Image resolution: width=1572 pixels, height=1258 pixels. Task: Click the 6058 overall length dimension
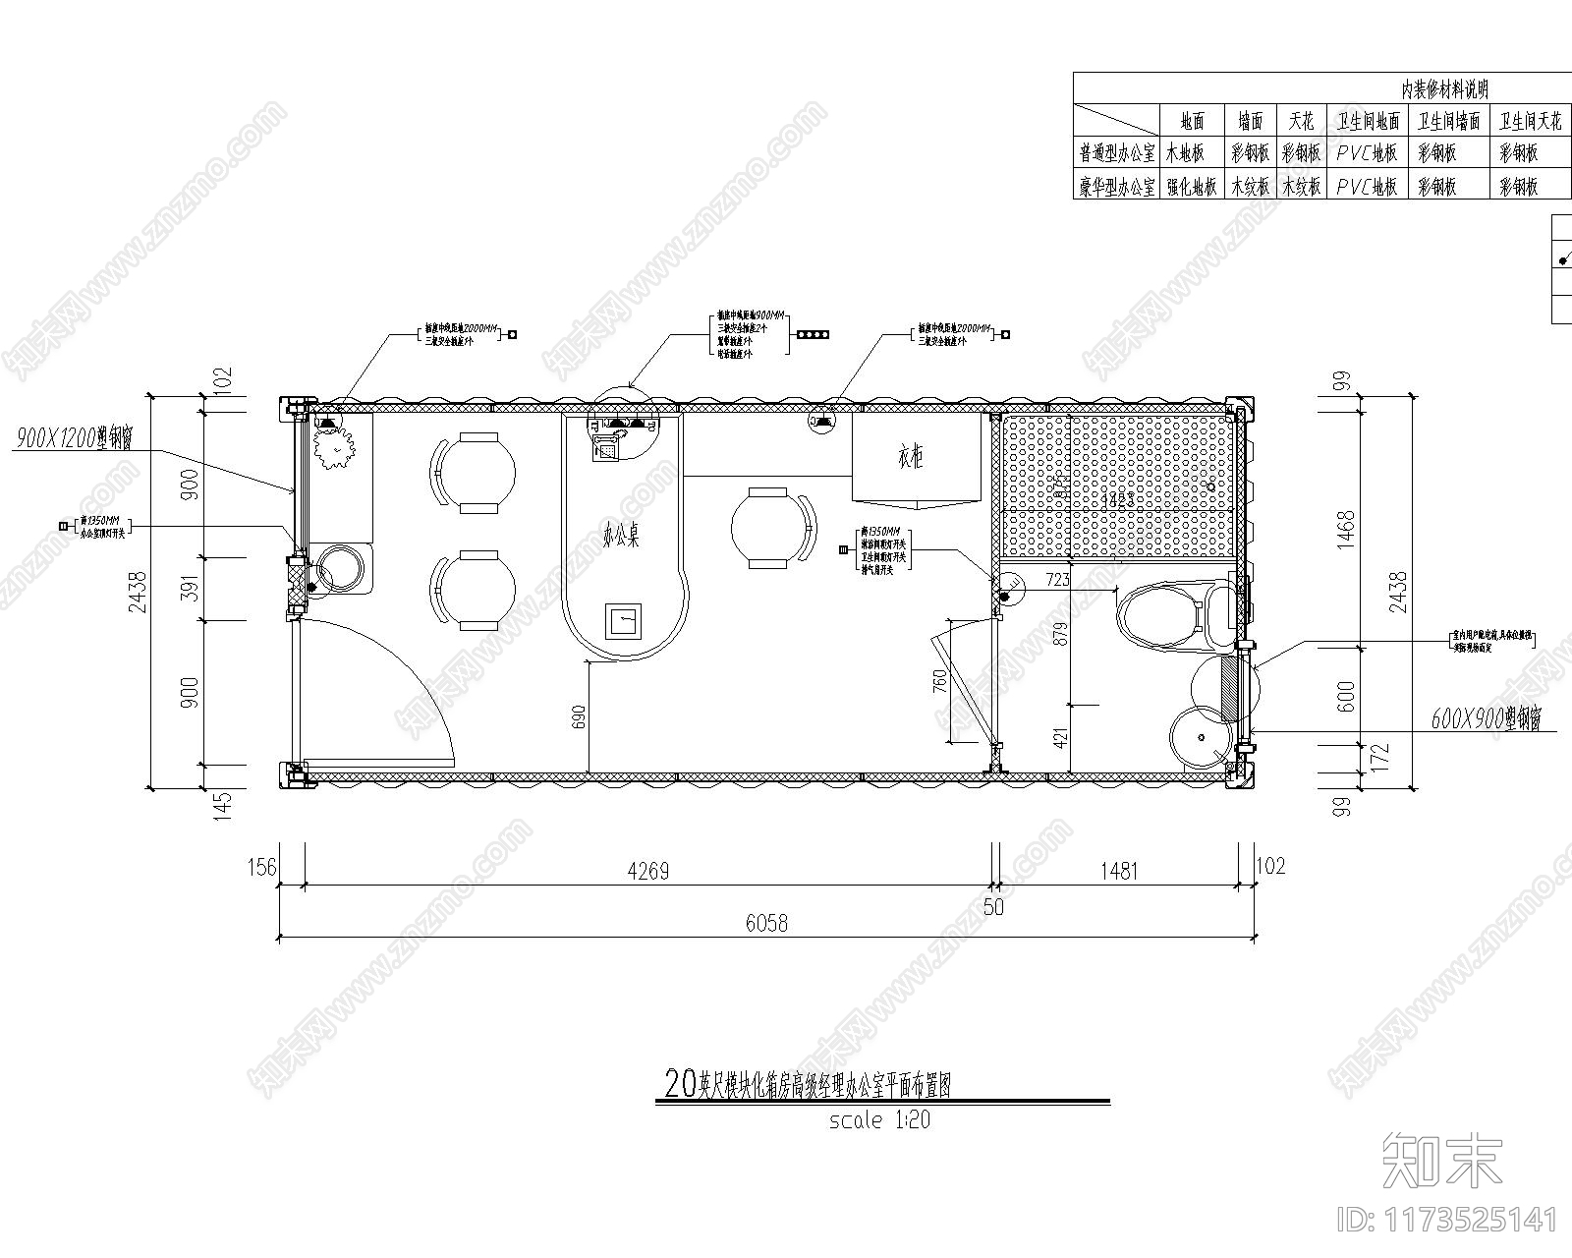point(766,923)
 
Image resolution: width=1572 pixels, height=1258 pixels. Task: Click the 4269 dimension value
point(647,871)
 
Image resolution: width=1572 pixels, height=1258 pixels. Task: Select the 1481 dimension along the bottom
point(1119,871)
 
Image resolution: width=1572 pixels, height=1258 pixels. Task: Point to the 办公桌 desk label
point(621,537)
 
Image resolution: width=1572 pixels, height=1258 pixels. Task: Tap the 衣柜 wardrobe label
point(910,457)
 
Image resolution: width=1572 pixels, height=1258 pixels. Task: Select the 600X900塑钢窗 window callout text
point(1485,719)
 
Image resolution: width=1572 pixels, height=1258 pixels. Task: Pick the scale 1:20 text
point(879,1119)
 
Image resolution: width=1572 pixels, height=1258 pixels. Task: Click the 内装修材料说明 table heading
point(1443,89)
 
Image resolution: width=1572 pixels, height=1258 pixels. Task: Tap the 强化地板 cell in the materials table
point(1191,186)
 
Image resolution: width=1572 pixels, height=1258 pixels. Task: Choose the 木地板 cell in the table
point(1191,153)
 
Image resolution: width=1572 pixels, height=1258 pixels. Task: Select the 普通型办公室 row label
point(1117,153)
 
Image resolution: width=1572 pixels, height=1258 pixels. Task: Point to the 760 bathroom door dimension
point(939,681)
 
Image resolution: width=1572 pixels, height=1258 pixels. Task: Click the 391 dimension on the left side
point(193,589)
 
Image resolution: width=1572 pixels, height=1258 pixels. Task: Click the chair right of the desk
point(773,528)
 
